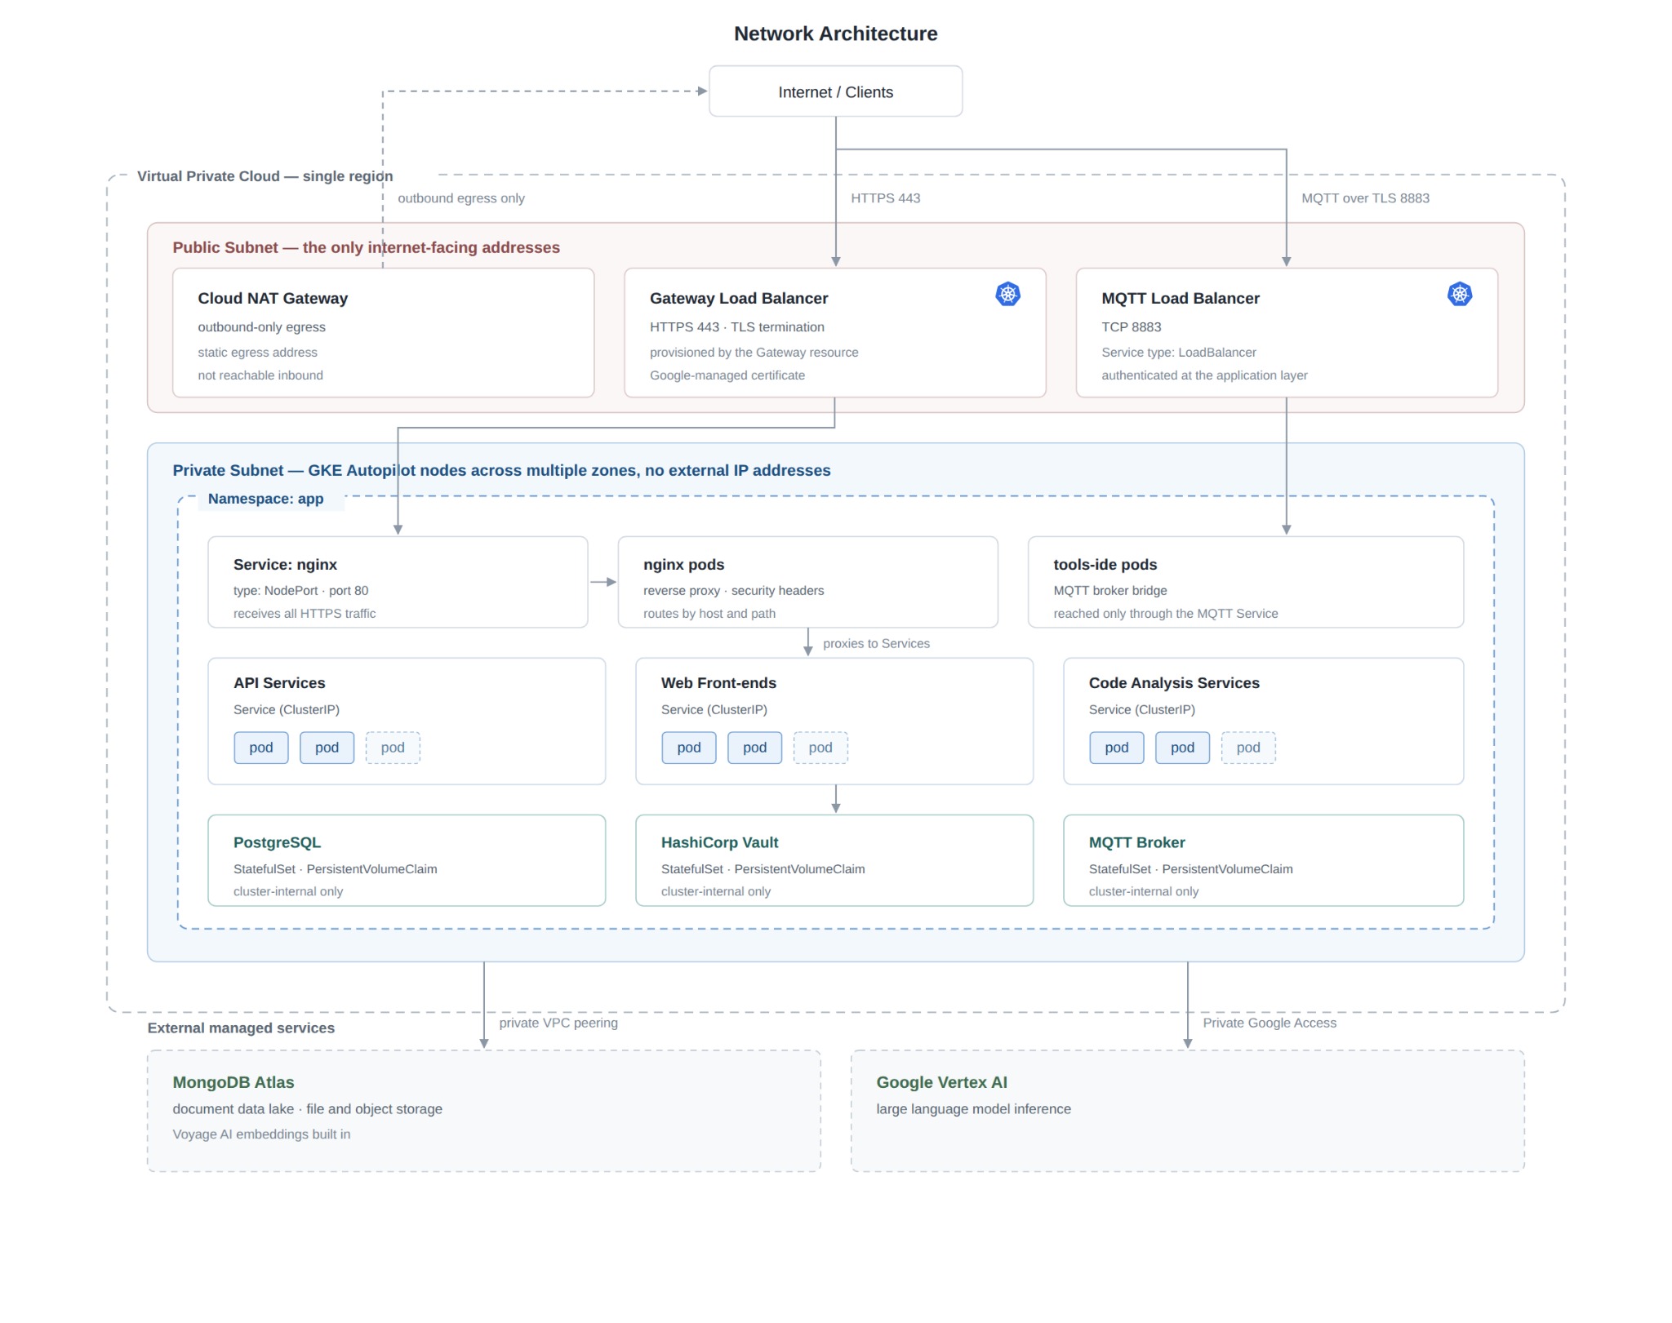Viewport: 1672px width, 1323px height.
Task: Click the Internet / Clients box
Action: [835, 91]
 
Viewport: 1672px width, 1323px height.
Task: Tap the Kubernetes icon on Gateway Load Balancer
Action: [1008, 294]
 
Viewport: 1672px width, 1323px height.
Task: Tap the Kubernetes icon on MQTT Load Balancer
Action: [1460, 294]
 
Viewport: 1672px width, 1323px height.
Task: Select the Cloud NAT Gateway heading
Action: [273, 299]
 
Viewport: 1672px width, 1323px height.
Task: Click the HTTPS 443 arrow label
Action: [886, 198]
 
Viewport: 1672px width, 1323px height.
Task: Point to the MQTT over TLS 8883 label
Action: [1365, 198]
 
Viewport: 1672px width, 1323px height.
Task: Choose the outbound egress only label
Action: [461, 198]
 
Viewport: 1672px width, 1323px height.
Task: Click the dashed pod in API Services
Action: [393, 748]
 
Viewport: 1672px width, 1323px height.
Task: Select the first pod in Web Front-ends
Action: [689, 748]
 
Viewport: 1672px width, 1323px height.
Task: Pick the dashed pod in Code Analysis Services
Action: [1248, 748]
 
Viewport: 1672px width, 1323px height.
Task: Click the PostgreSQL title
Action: [277, 843]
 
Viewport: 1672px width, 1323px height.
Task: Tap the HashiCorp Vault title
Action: [719, 843]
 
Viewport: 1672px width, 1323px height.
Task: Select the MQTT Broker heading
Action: [1136, 843]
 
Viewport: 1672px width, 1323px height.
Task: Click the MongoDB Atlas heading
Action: [233, 1083]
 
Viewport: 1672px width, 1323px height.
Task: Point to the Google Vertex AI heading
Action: [941, 1083]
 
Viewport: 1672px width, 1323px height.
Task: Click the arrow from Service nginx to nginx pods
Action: [603, 582]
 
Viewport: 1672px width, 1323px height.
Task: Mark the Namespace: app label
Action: [265, 499]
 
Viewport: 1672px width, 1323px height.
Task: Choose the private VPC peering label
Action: [558, 1023]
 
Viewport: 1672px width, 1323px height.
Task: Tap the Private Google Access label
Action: [1270, 1023]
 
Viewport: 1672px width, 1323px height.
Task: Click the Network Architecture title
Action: [835, 33]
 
